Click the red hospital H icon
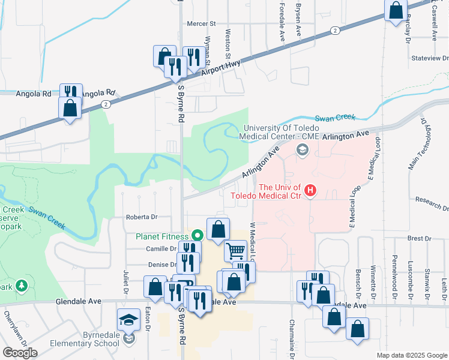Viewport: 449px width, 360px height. pos(310,191)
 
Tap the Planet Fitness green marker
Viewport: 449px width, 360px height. pos(196,236)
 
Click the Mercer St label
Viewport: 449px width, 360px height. pos(201,24)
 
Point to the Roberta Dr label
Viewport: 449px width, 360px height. pos(141,217)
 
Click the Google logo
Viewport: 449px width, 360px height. pos(20,353)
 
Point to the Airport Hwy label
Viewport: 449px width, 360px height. pos(221,67)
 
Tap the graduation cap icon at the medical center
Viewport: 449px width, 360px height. pos(302,149)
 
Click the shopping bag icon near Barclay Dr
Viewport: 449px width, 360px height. pos(396,10)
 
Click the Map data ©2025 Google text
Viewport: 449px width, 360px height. pos(411,355)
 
